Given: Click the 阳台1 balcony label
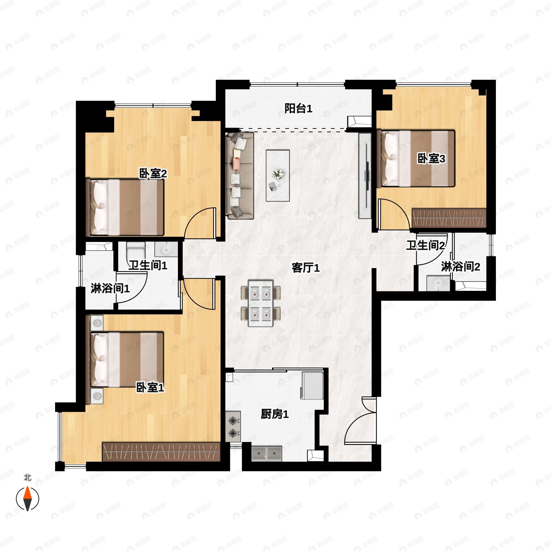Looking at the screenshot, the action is coord(298,108).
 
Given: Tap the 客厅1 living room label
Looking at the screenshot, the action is coord(306,268).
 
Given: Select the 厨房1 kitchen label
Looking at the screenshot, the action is coord(275,414).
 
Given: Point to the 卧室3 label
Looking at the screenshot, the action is coord(431,159).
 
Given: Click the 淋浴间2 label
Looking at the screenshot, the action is coord(461,267).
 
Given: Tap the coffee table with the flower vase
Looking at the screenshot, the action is coord(278,175).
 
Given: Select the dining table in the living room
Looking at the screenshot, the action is coord(261,303).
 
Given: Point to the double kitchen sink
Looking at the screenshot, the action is coord(267,454).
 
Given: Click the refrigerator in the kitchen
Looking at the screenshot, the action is coord(312,385).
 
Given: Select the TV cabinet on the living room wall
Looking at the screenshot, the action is coord(365,175).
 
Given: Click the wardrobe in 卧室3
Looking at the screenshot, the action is coord(449,218).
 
